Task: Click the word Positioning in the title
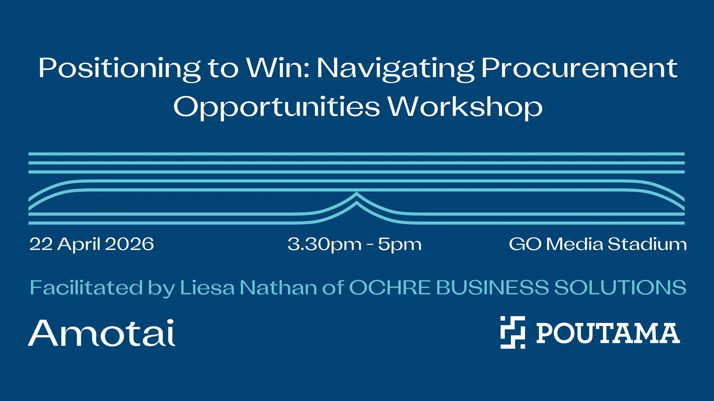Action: click(x=120, y=69)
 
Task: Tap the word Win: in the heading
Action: click(x=278, y=68)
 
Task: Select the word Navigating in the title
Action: click(x=395, y=69)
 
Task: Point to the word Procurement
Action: click(x=579, y=68)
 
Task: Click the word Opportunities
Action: click(x=277, y=107)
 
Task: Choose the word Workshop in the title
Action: click(x=465, y=107)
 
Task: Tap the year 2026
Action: click(x=129, y=244)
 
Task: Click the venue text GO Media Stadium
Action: click(x=598, y=244)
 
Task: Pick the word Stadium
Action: click(x=647, y=244)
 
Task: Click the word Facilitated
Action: click(x=86, y=287)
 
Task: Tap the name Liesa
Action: click(x=208, y=287)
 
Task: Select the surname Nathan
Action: click(x=279, y=287)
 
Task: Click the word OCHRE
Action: click(x=390, y=287)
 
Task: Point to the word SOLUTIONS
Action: click(x=620, y=287)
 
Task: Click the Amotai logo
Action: click(x=102, y=333)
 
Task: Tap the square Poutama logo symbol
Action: click(x=512, y=332)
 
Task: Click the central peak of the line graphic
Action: click(x=357, y=193)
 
